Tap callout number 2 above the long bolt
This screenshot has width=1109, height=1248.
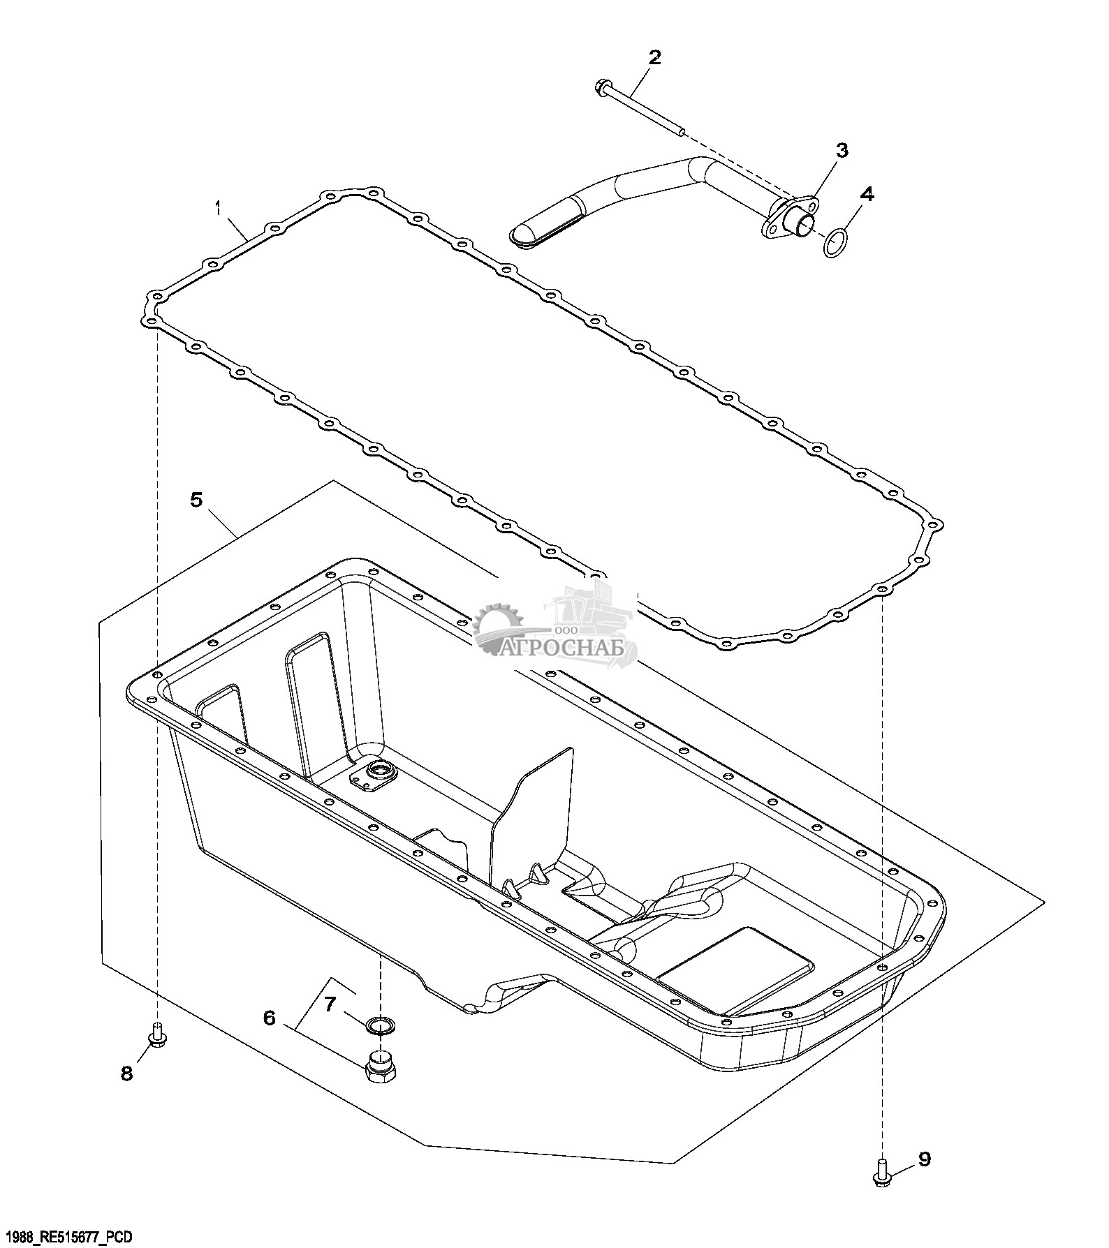[654, 57]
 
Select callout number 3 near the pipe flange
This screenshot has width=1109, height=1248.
[842, 150]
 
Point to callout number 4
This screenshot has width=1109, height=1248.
[866, 195]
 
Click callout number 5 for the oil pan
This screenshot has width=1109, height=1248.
[197, 500]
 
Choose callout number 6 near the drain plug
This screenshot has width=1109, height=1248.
[270, 1018]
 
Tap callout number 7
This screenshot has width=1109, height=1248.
[330, 1004]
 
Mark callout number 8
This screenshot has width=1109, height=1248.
[126, 1074]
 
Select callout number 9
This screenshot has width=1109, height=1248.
[924, 1159]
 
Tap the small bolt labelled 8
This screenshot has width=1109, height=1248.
[157, 1034]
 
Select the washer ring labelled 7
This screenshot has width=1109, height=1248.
[381, 1025]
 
